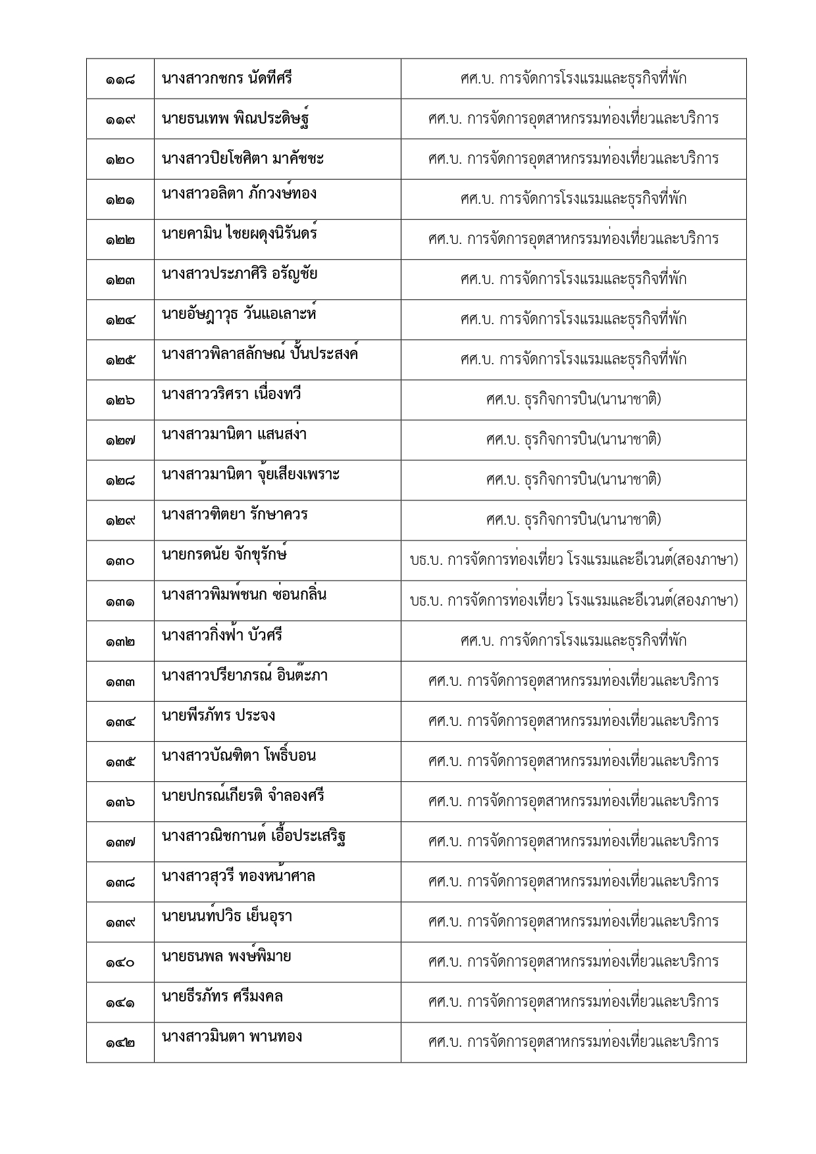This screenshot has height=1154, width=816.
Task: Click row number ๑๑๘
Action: (x=120, y=80)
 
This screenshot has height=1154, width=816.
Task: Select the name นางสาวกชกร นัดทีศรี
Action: (x=226, y=79)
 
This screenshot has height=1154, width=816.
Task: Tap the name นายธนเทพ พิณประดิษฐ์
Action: (x=236, y=119)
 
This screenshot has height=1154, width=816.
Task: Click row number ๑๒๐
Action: (x=120, y=160)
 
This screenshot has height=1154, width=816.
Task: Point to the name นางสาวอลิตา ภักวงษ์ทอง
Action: (x=239, y=193)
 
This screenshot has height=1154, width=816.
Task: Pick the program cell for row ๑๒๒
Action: (x=573, y=239)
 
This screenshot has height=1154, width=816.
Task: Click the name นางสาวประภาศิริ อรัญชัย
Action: (x=240, y=274)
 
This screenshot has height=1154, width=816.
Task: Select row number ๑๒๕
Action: (x=120, y=360)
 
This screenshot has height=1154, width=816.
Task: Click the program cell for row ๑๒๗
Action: (x=573, y=439)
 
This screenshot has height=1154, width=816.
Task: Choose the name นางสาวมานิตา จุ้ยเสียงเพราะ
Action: (x=251, y=474)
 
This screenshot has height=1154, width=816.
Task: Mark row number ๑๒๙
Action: (x=120, y=521)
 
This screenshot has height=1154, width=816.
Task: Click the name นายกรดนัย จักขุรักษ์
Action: (x=224, y=554)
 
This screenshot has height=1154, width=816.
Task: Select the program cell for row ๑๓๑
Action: (x=573, y=600)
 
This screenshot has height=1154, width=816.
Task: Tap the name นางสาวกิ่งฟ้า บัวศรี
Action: (x=222, y=635)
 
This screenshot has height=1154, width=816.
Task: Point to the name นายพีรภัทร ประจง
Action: (x=218, y=715)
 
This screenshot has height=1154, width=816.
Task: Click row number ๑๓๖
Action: (x=120, y=802)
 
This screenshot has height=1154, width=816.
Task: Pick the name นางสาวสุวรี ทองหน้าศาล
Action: (x=238, y=876)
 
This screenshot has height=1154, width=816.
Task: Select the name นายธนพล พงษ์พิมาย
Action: (x=226, y=956)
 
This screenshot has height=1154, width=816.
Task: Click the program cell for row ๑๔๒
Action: (x=573, y=1042)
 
